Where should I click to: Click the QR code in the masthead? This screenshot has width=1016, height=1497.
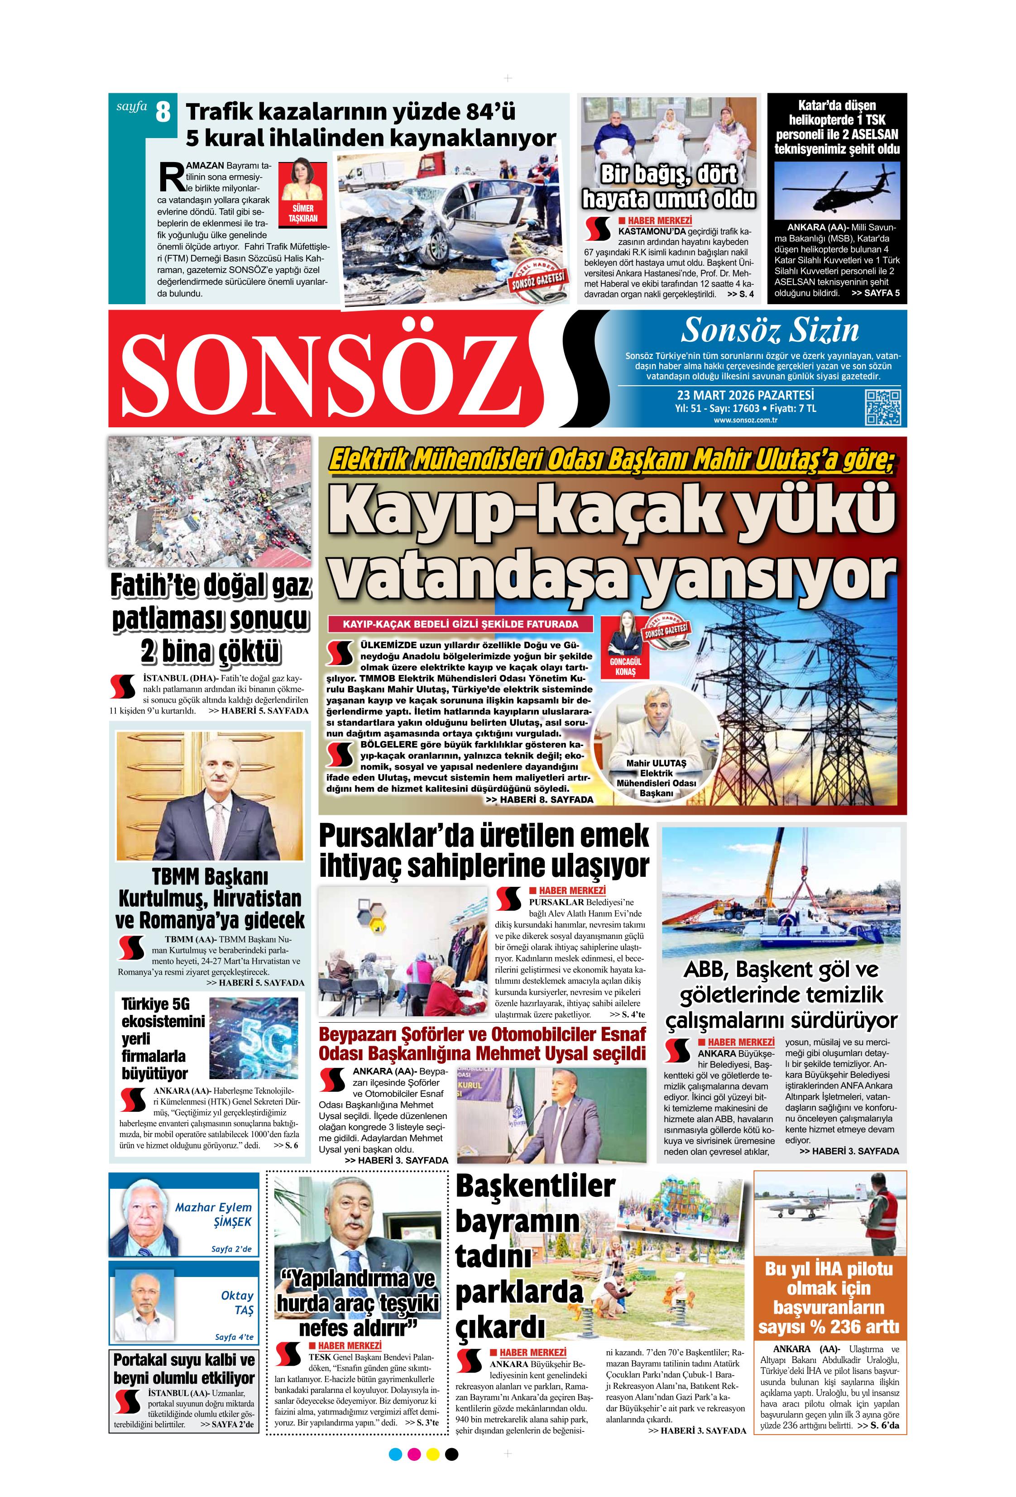coord(882,407)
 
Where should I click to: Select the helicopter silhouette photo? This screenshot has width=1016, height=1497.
coord(836,188)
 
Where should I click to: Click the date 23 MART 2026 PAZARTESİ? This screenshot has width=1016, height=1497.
coord(745,394)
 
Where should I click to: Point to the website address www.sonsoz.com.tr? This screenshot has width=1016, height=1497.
coord(745,421)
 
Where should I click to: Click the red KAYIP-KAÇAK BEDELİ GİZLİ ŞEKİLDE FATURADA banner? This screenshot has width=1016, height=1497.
coord(460,623)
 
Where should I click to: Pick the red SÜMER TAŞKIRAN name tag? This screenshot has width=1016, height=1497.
coord(303,213)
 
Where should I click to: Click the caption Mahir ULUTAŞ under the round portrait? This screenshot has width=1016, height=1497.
coord(656,763)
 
